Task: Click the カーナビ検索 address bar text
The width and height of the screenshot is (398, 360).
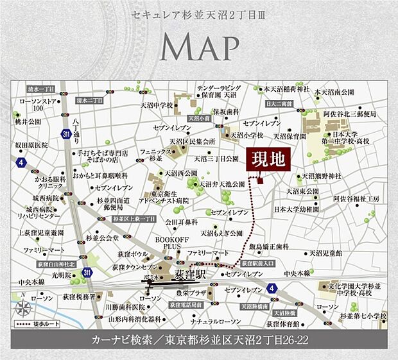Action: [x=199, y=339]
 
